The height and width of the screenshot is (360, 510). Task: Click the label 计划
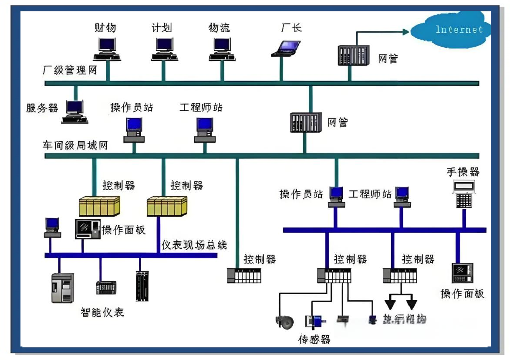162,28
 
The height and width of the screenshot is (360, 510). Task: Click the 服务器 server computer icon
74,112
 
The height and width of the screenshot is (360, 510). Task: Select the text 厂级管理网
70,70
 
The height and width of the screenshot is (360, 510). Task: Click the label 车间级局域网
74,145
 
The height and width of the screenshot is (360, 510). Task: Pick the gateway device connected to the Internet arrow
353,55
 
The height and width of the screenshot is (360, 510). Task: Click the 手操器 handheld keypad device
464,194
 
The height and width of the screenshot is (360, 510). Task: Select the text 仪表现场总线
194,245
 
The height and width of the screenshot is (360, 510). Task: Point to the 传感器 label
314,339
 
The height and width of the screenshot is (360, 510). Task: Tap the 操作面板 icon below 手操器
462,273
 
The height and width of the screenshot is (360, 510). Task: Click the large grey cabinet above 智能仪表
62,288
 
